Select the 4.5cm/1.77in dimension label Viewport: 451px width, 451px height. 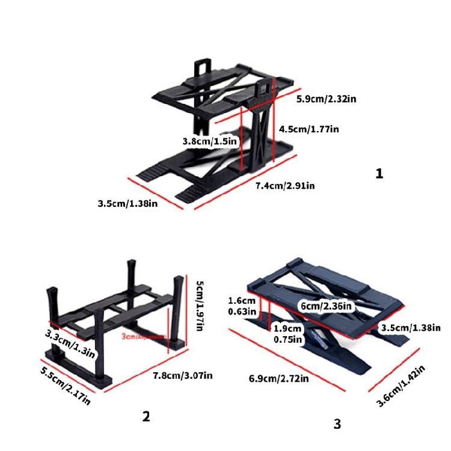tap(310, 129)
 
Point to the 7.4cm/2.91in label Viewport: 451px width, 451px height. tap(285, 185)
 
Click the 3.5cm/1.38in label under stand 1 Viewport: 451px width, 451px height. tap(127, 204)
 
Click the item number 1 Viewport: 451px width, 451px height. tap(379, 174)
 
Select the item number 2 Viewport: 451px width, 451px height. tap(146, 416)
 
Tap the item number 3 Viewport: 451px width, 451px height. tap(337, 424)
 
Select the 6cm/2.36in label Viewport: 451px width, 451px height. tap(327, 306)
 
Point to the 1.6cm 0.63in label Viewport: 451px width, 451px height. tap(242, 306)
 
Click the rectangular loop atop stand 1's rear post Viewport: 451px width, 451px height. tap(204, 67)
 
